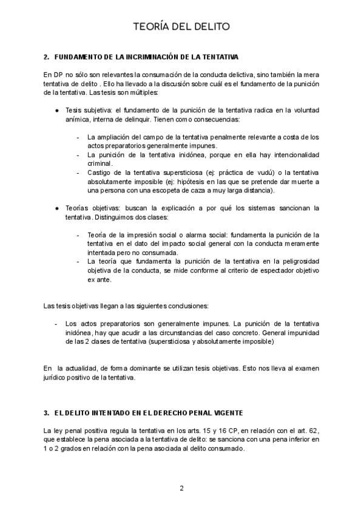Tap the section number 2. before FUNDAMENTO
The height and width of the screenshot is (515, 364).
46,57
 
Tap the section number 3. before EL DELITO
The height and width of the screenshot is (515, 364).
46,413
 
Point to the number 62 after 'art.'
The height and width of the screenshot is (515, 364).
314,431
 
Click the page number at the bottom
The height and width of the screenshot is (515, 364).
181,488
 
